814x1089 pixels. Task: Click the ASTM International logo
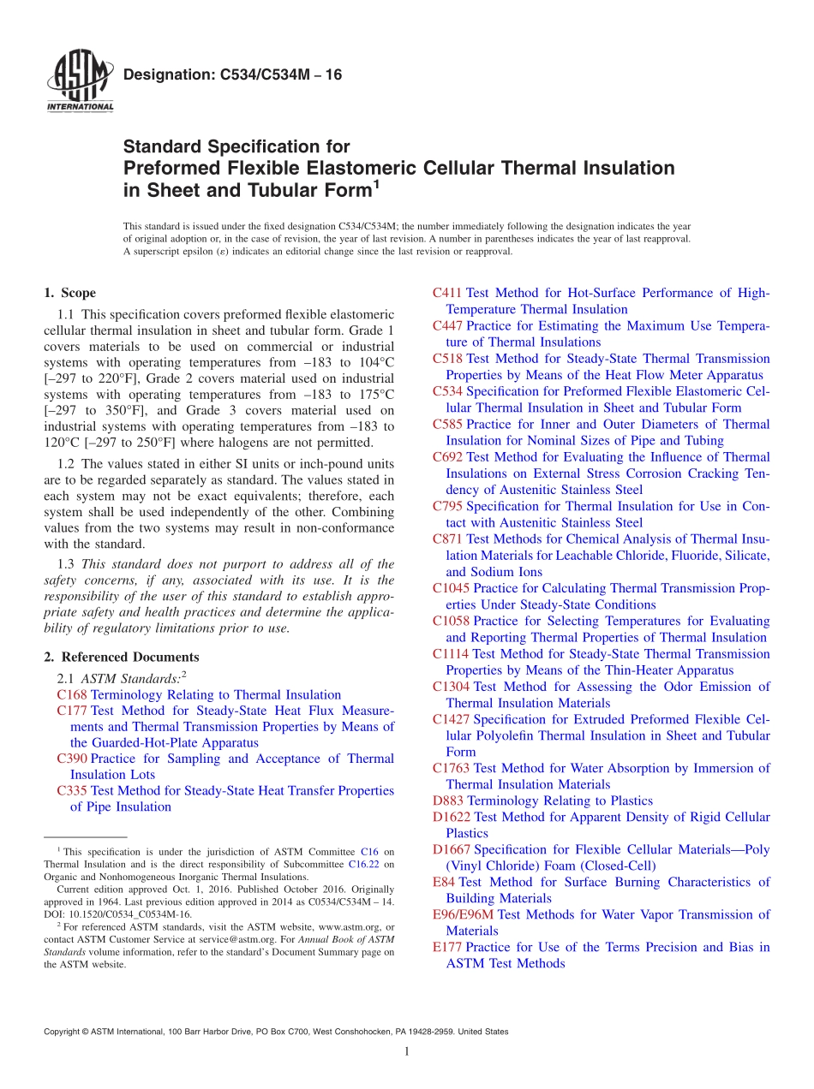pos(80,81)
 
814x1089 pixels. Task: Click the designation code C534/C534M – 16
pos(232,75)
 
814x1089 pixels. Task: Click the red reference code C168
pos(72,695)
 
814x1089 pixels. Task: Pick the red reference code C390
pos(72,759)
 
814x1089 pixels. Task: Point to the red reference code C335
pos(72,791)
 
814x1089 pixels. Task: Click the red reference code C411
pos(447,294)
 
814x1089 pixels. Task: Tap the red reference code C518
pos(447,359)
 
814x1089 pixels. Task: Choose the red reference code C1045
pos(451,588)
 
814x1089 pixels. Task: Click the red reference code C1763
pos(451,769)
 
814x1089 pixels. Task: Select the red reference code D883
pos(448,801)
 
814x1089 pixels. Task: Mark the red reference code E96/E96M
pos(464,915)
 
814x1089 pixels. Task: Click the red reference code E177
pos(447,948)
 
